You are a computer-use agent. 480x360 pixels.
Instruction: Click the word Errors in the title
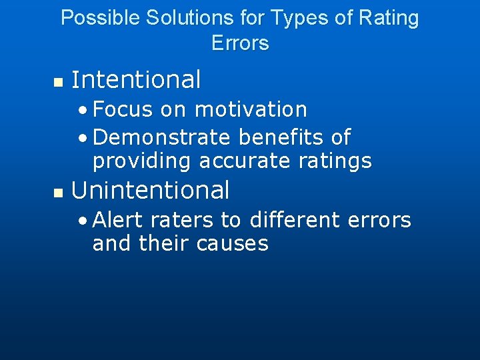240,43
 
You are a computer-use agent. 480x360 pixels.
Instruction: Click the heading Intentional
136,80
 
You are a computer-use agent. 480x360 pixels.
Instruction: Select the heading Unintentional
150,191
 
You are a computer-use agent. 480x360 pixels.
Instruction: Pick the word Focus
123,109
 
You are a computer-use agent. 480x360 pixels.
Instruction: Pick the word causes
233,244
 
